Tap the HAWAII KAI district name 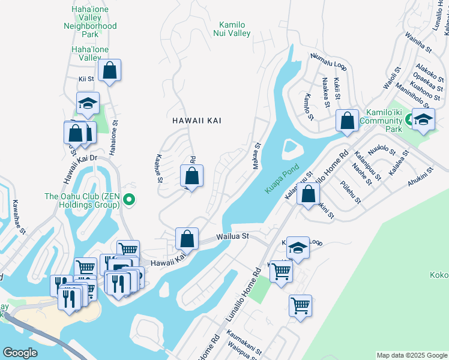[x=197, y=121]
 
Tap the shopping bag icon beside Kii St [x=110, y=71]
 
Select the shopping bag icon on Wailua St [x=187, y=239]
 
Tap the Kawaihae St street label [x=19, y=217]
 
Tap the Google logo [x=20, y=353]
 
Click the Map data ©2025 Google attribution [x=411, y=355]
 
